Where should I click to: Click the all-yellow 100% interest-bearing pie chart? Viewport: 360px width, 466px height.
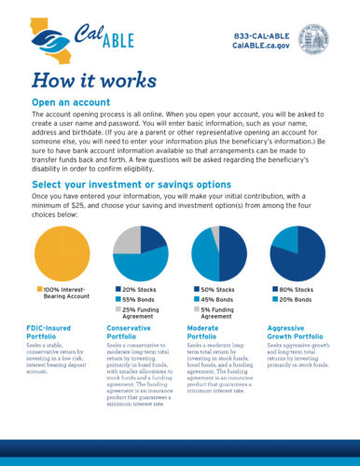click(x=62, y=253)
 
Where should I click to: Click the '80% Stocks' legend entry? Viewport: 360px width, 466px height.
click(x=298, y=290)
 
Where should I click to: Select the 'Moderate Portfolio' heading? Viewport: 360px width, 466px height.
click(x=209, y=335)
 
